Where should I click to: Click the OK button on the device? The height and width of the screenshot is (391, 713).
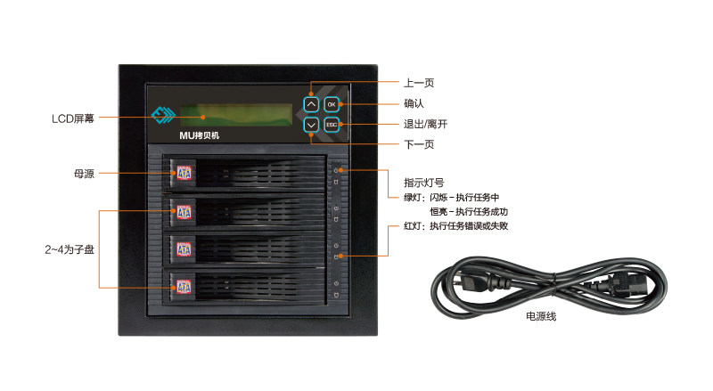click(x=331, y=104)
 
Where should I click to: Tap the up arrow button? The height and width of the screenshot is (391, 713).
click(x=310, y=104)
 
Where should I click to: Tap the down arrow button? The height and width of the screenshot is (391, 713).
click(x=310, y=125)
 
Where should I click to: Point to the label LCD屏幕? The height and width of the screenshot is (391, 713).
click(x=73, y=118)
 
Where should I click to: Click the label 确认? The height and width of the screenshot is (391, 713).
click(x=414, y=103)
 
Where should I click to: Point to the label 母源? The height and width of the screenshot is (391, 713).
click(x=84, y=173)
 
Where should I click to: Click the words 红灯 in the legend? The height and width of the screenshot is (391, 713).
click(x=414, y=226)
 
